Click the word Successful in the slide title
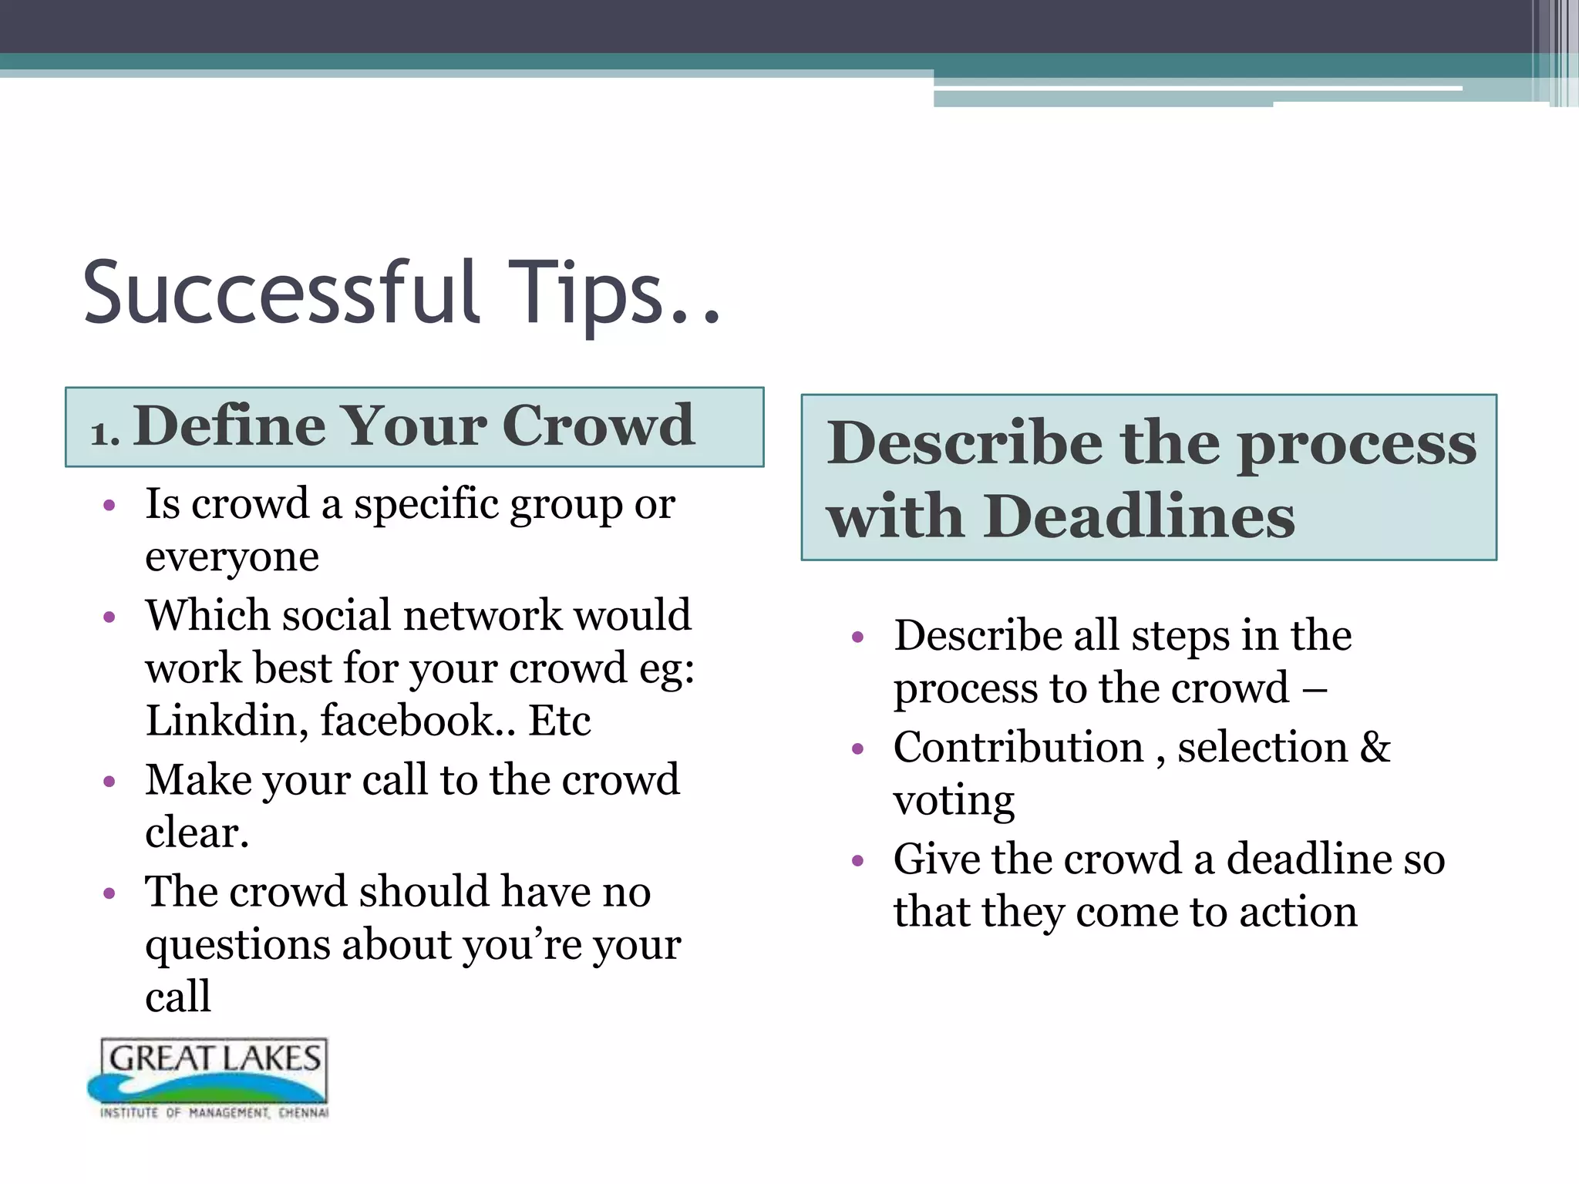(x=281, y=293)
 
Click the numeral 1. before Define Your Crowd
(x=104, y=433)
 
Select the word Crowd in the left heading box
(x=598, y=425)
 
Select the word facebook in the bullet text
(x=407, y=720)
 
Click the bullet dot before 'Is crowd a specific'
(x=109, y=506)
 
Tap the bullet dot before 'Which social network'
(x=109, y=617)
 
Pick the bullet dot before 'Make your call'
(x=109, y=782)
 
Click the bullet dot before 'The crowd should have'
(x=109, y=894)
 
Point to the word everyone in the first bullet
(x=231, y=557)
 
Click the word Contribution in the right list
(x=1018, y=747)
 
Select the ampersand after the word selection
(x=1375, y=747)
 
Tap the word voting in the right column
(x=954, y=801)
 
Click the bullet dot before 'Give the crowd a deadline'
(x=857, y=860)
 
